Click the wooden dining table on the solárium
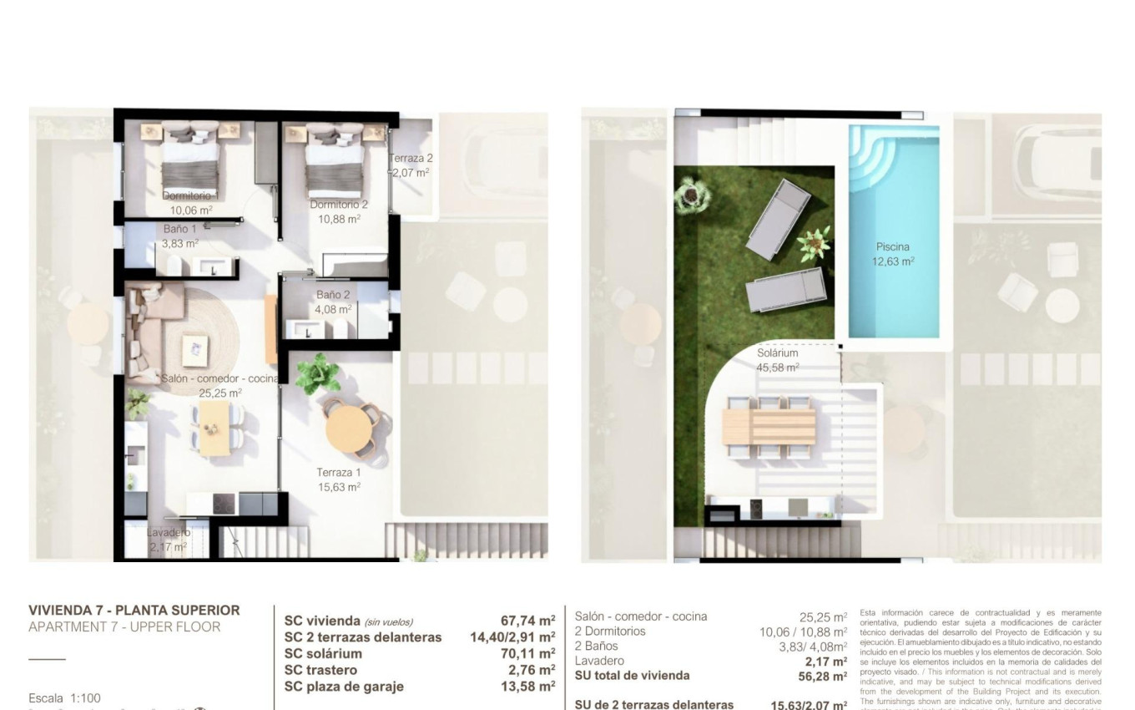[x=769, y=425]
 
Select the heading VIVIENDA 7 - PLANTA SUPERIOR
[x=134, y=611]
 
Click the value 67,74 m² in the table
[x=527, y=621]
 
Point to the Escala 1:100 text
[x=64, y=698]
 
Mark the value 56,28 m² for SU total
[x=822, y=677]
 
